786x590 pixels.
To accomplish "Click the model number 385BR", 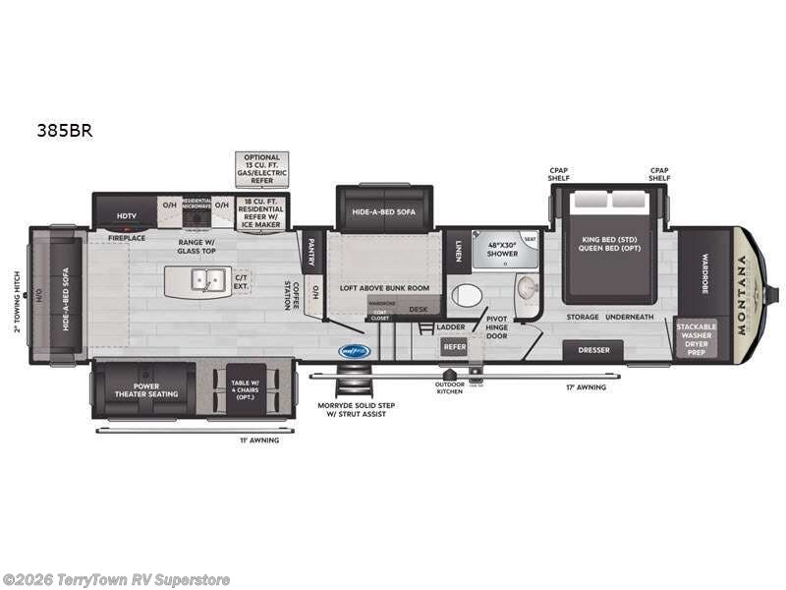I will (67, 130).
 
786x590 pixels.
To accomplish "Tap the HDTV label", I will (127, 214).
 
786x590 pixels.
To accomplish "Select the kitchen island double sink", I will (205, 279).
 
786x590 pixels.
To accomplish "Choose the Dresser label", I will (593, 350).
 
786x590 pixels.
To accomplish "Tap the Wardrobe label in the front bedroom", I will (704, 267).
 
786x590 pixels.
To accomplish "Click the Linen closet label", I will (459, 252).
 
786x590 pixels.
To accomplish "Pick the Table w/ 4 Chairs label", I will (246, 390).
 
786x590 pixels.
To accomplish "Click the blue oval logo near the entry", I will (353, 350).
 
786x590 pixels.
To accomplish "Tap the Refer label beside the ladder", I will (454, 346).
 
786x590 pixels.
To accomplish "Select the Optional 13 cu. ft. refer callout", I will (262, 169).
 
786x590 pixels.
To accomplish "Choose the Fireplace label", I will (127, 237).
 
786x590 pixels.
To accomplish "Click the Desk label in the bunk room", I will (419, 309).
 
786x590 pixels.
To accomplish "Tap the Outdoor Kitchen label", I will (449, 389).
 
